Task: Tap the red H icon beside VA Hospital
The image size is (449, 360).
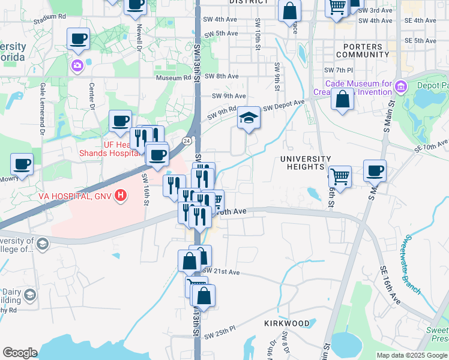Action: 122,195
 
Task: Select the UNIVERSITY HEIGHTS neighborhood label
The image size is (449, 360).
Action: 306,163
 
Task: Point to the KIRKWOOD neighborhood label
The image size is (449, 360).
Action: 287,323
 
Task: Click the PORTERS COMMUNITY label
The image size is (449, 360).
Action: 363,50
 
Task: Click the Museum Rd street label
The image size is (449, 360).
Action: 173,77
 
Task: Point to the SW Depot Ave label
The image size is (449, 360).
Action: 284,104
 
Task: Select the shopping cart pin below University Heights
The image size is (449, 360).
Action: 340,177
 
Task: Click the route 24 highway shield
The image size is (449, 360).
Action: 187,140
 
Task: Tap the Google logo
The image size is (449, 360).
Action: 20,353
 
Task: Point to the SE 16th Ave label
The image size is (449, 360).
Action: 389,284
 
